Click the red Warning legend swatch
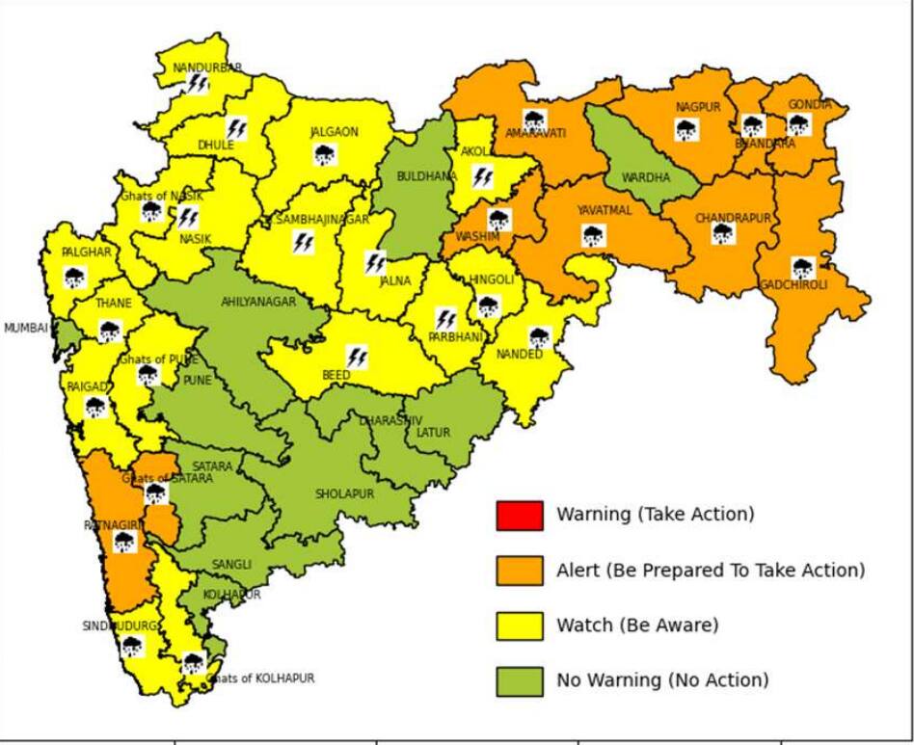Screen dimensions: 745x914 [520, 515]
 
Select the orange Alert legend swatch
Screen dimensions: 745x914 [520, 571]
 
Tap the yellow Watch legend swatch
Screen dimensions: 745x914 [520, 625]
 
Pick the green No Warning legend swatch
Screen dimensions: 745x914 [520, 680]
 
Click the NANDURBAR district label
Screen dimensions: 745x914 [206, 67]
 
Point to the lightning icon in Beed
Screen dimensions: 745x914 [357, 358]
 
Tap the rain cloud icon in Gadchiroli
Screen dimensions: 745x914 [802, 268]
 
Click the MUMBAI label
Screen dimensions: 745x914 [25, 328]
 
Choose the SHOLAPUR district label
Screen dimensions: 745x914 [344, 493]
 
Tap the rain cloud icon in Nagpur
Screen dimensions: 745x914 [686, 130]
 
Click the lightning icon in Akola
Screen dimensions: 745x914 [482, 177]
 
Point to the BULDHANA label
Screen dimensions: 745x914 [426, 176]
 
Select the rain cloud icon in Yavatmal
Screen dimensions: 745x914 [594, 235]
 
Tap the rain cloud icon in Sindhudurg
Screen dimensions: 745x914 [131, 646]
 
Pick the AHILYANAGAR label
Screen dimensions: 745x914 [257, 302]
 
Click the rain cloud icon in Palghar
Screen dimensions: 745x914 [74, 278]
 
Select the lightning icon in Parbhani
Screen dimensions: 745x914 [444, 318]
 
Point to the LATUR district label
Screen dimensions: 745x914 [433, 433]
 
